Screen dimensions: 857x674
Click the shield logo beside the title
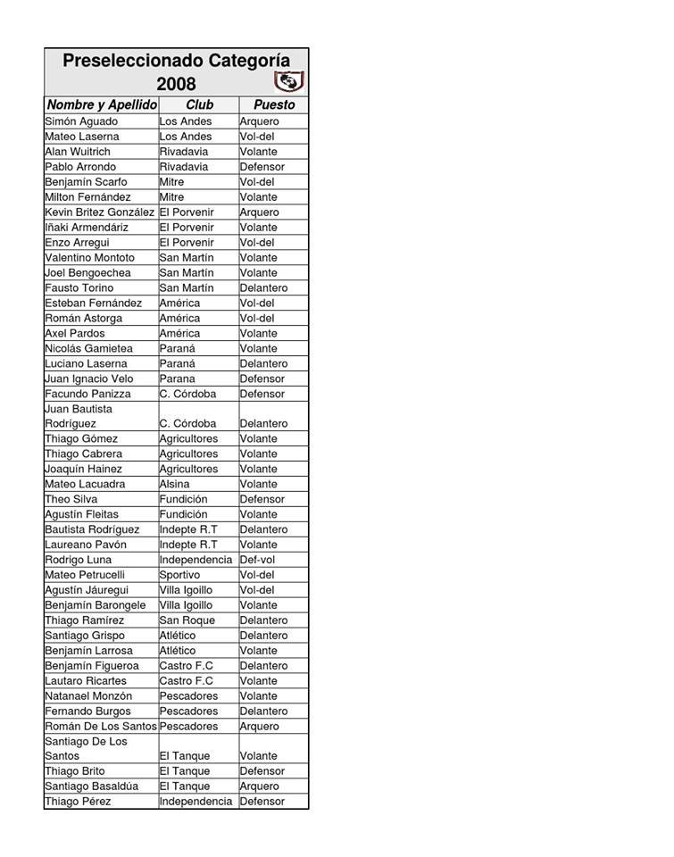pos(288,82)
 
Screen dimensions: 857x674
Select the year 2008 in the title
pos(176,85)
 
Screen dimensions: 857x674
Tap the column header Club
pos(199,104)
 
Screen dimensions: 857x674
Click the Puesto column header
pos(273,104)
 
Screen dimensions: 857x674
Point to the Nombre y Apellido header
pos(102,104)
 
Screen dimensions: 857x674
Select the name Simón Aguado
pos(81,121)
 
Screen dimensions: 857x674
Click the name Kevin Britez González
pos(99,212)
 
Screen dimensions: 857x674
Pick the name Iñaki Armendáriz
pos(87,228)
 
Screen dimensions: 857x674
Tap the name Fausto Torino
pos(79,288)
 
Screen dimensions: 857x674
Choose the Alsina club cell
pos(175,484)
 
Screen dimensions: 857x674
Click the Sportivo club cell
pos(179,575)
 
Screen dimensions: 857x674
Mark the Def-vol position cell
pos(257,560)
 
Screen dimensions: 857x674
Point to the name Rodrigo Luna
pos(79,560)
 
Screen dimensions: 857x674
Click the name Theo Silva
pos(71,499)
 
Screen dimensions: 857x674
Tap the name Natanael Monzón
pos(88,696)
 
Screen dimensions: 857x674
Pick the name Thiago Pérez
pos(78,802)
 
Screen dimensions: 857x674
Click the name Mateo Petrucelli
pos(85,575)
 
